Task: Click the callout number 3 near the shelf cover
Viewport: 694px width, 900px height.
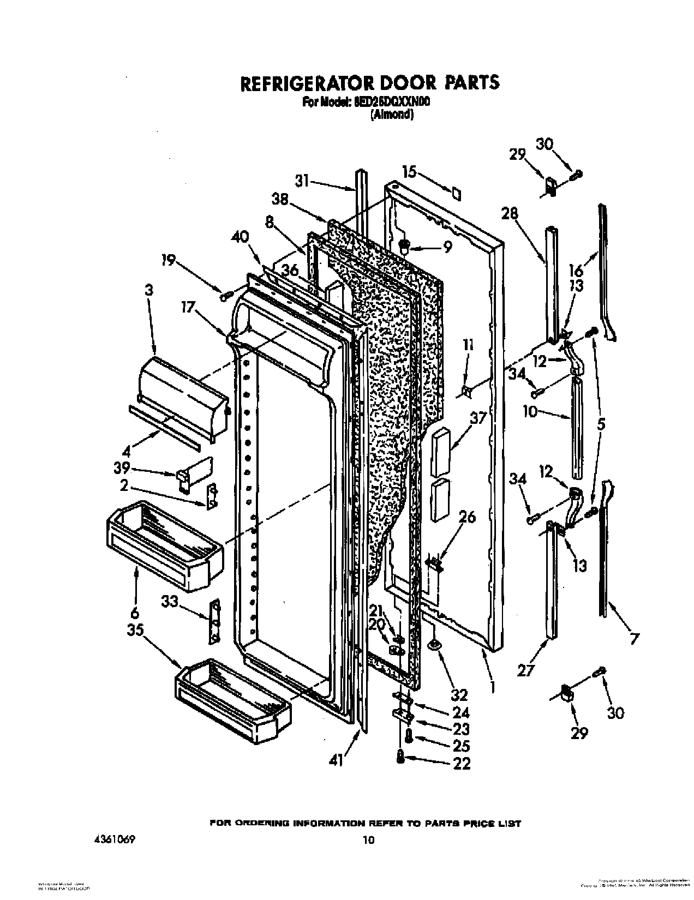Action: pos(149,290)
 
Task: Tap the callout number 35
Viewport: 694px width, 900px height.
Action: pos(135,630)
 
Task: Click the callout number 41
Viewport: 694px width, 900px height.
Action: pos(337,760)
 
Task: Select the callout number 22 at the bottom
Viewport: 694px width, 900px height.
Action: pos(462,764)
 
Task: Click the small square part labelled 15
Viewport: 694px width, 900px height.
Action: pos(456,194)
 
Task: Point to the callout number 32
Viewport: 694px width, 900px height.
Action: pos(459,695)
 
